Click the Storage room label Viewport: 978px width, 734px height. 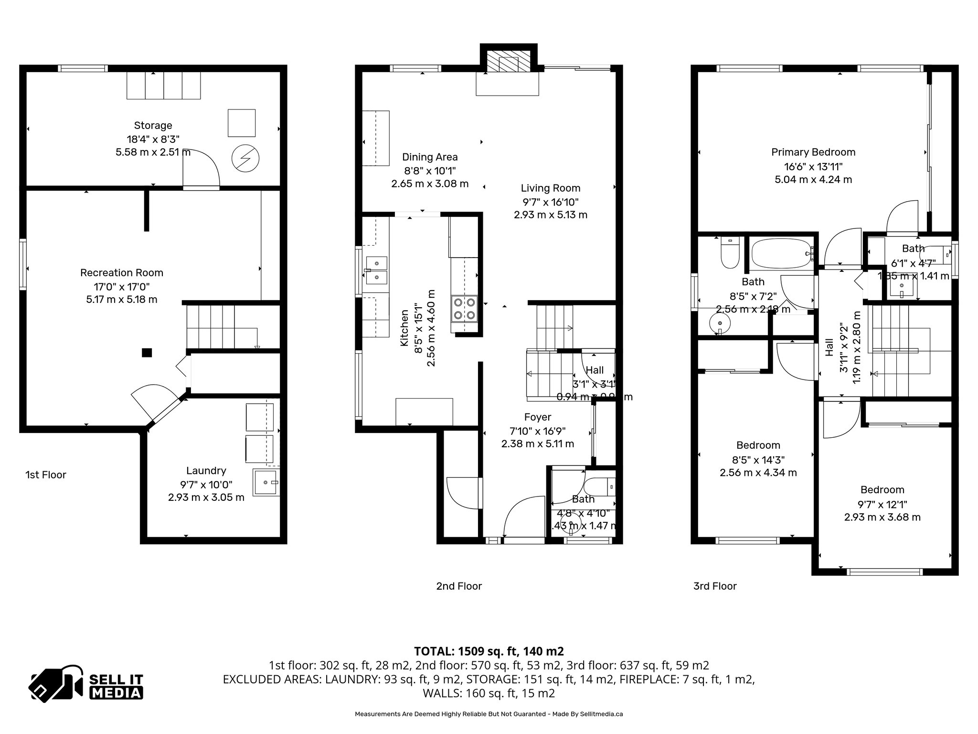tap(153, 126)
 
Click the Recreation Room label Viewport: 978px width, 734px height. tap(122, 273)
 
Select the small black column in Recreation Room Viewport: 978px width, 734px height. tap(147, 353)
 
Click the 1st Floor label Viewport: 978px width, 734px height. tap(46, 475)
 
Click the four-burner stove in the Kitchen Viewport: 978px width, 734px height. tap(465, 308)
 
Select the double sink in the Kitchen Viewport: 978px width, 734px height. tap(376, 270)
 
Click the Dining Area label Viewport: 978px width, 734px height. tap(430, 157)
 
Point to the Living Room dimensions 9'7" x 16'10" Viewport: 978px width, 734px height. tap(551, 202)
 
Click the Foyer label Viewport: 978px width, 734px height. tap(538, 417)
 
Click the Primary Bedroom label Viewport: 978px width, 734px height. tap(813, 152)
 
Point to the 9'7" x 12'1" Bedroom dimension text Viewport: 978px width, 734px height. tap(882, 504)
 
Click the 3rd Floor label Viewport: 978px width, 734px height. tap(715, 586)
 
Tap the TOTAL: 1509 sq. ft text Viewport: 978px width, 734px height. tap(489, 651)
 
